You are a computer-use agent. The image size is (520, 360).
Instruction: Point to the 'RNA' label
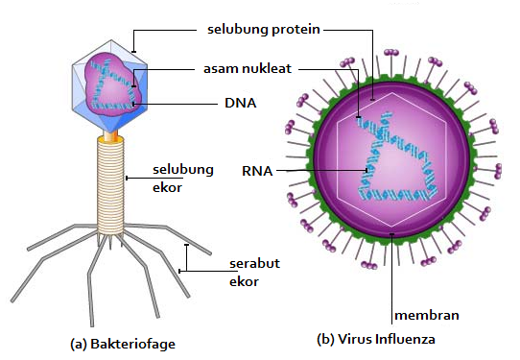tap(258, 172)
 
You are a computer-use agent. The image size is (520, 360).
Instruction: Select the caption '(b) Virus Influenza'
tap(375, 340)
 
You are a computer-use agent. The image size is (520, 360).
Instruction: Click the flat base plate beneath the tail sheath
tap(112, 233)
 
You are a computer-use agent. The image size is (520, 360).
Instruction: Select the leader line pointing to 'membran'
tap(393, 269)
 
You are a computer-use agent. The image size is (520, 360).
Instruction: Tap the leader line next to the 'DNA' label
tap(173, 103)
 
